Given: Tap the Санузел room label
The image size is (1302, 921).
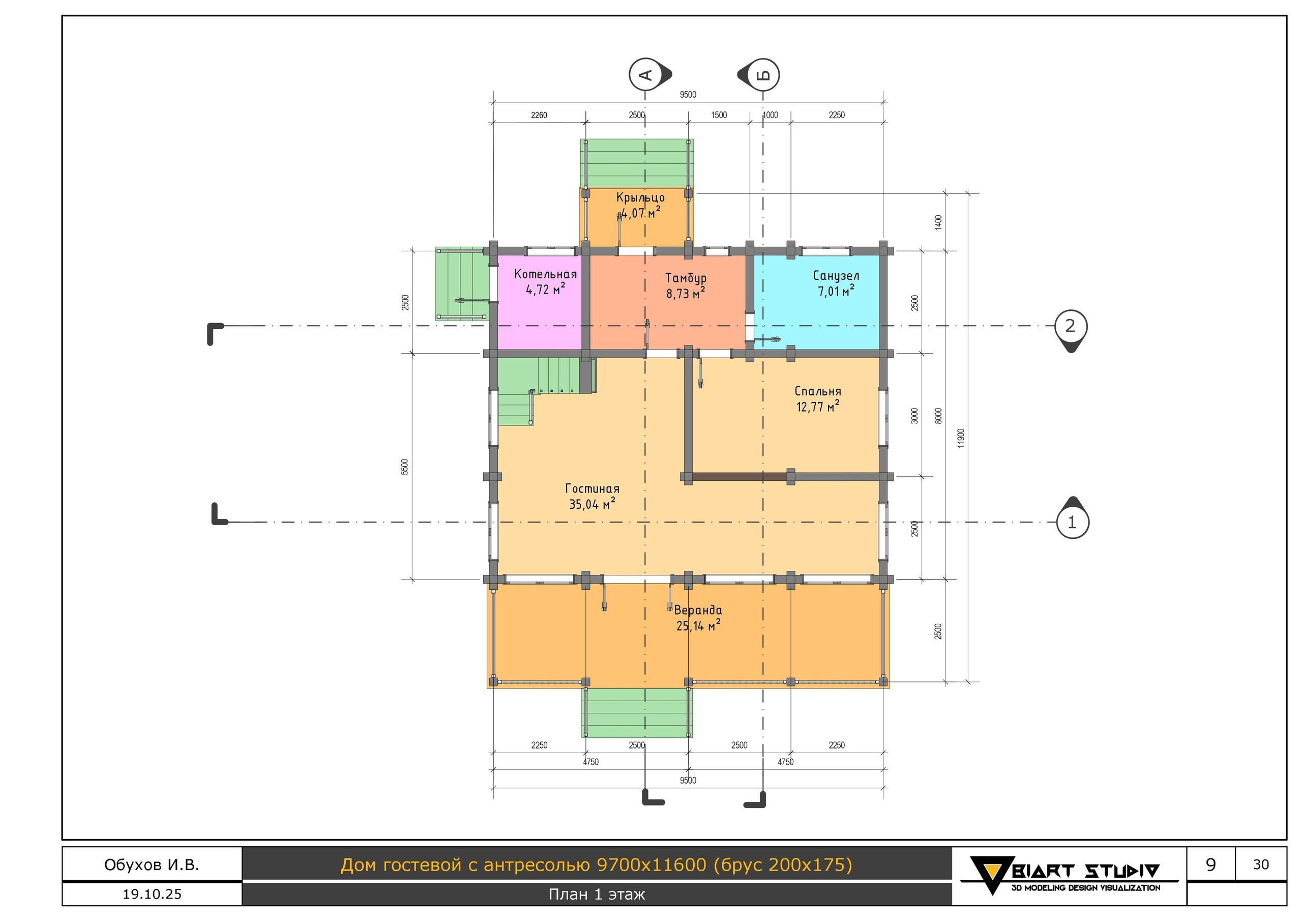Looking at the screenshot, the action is click(x=836, y=276).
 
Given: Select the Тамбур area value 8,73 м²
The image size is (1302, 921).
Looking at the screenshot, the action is click(x=686, y=293).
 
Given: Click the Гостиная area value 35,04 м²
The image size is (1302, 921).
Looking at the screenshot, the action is click(x=592, y=503).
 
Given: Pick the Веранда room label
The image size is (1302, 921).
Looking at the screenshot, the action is click(x=698, y=610).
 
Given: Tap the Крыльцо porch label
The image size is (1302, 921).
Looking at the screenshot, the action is click(x=640, y=197).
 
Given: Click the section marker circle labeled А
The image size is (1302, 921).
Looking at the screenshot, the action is click(x=645, y=74).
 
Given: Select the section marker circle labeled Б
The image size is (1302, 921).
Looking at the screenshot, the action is click(x=763, y=74).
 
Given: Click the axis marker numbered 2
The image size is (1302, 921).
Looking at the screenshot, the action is click(x=1070, y=326).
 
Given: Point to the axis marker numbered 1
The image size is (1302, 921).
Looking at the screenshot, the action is click(x=1072, y=522).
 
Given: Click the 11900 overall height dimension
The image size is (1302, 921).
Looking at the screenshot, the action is click(x=961, y=438).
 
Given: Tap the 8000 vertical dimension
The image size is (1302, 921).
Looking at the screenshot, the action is click(x=938, y=415).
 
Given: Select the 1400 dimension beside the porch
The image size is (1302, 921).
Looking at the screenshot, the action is click(x=938, y=222).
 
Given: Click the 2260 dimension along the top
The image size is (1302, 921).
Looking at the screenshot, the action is click(x=539, y=115).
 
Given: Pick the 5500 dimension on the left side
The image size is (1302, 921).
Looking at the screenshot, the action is click(x=404, y=467).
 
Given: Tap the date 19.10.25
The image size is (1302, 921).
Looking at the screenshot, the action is click(x=152, y=895).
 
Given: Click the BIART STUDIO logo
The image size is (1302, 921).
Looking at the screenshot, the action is click(x=1069, y=876).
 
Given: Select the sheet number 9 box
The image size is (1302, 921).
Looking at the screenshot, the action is click(x=1210, y=864).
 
